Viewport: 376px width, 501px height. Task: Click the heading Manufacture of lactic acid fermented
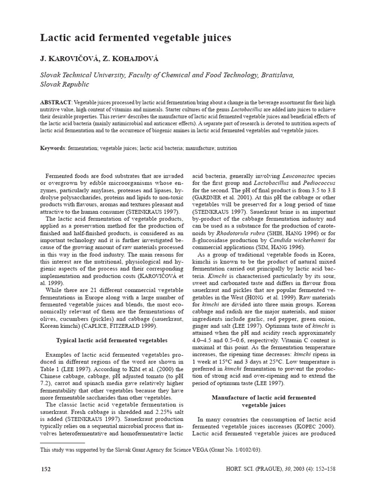[x=264, y=397]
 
